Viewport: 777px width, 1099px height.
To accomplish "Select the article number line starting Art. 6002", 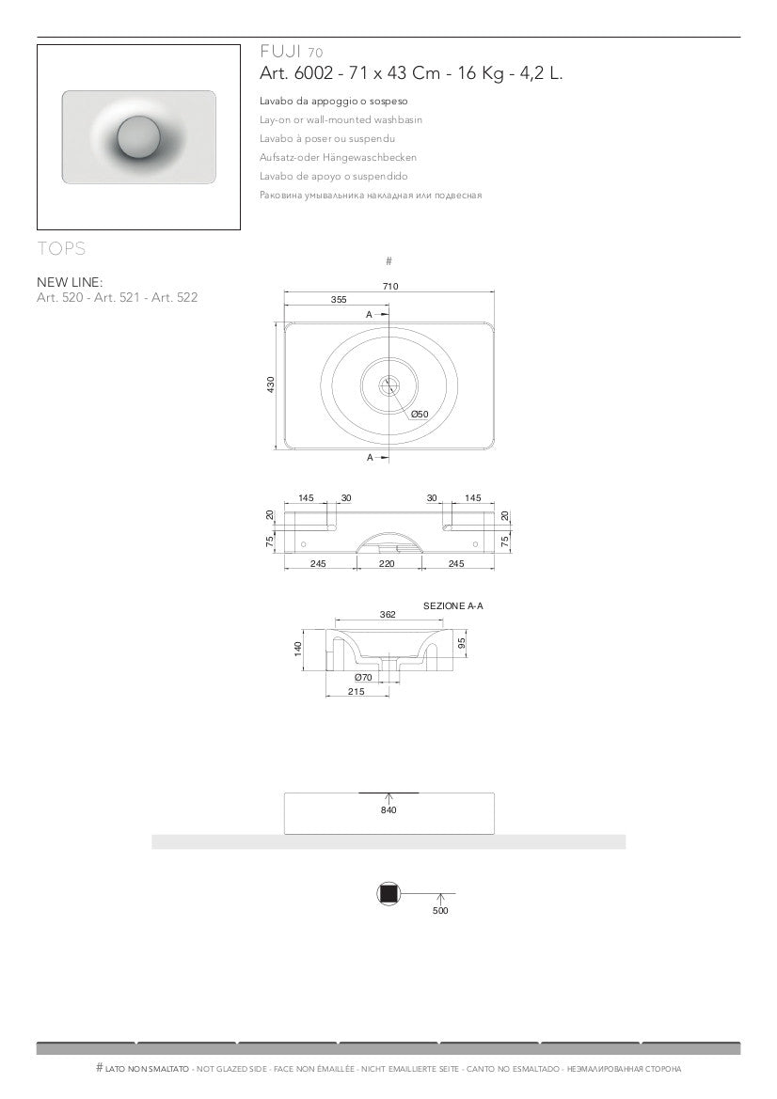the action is click(411, 73).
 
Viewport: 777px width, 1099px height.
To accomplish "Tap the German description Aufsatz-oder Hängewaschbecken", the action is click(338, 158).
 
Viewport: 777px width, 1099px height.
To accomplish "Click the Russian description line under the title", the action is click(371, 196).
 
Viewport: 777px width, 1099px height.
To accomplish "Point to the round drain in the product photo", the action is click(139, 137).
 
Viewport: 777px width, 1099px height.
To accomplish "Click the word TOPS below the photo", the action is click(62, 248).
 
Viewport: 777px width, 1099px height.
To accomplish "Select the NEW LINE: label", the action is click(70, 282).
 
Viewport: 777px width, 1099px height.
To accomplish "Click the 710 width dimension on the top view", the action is click(390, 286).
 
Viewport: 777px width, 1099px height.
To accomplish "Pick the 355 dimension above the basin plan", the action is click(339, 299).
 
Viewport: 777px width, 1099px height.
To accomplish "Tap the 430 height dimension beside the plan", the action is click(271, 385).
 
